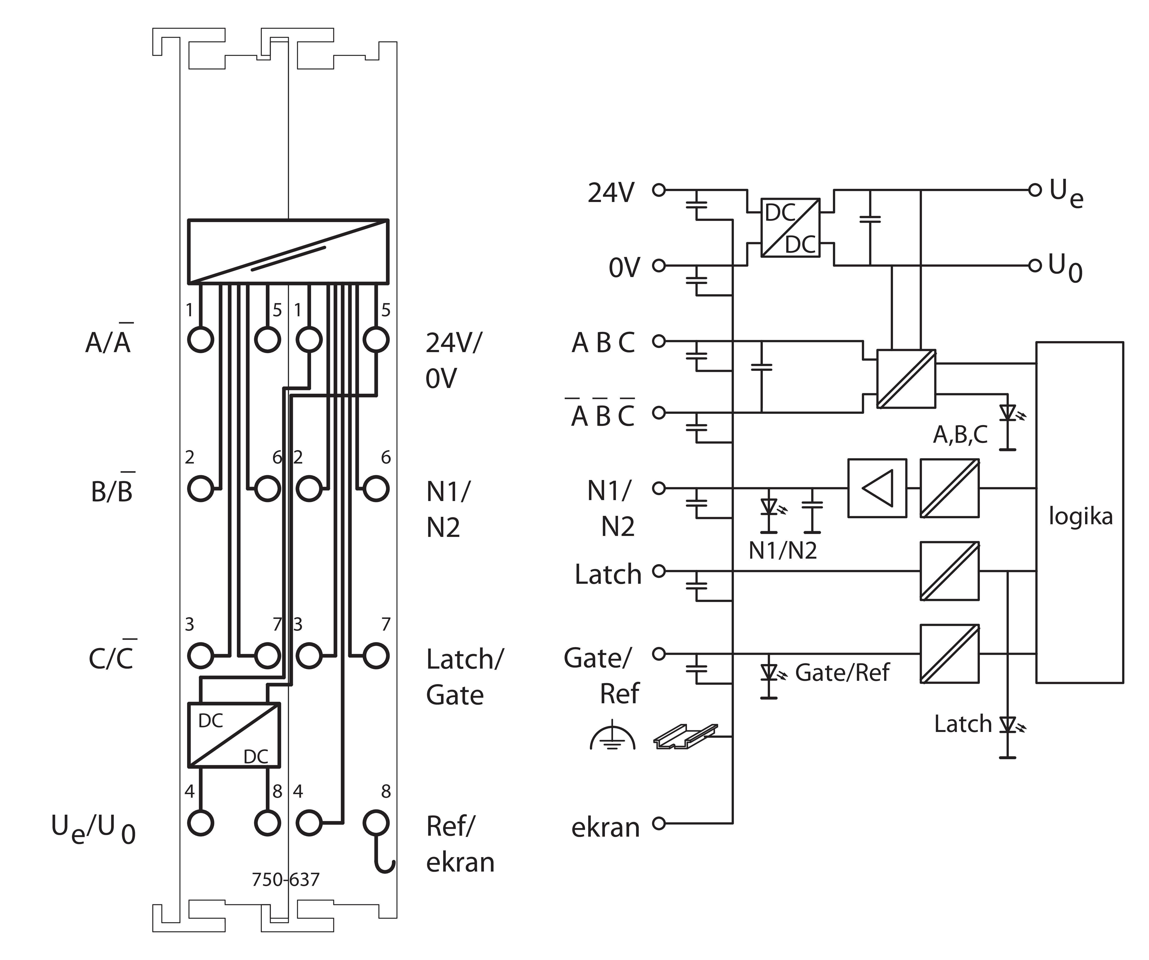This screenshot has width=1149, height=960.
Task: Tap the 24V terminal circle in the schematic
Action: click(659, 190)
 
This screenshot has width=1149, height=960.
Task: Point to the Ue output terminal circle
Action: click(1034, 190)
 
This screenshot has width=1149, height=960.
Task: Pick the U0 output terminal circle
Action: click(1034, 266)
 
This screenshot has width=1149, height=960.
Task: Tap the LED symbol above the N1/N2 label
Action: click(769, 507)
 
